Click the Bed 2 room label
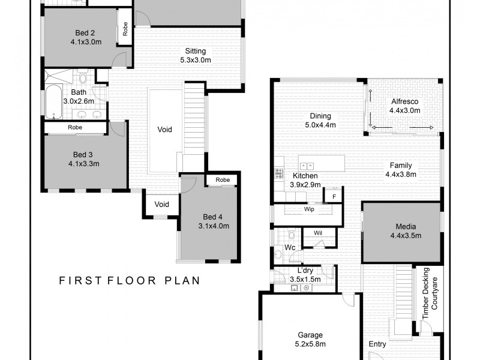coord(85,33)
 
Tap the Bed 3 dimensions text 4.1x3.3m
coord(85,163)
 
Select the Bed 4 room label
coord(212,217)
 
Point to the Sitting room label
coord(196,51)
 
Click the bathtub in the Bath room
coord(52,102)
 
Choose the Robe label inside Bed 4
coord(223,180)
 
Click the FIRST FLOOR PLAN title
coord(128,280)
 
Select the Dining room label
coord(320,116)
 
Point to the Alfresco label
coord(405,101)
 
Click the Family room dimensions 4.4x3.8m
coord(401,175)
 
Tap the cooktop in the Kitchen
coord(278,174)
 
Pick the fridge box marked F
coord(333,196)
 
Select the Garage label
coord(311,335)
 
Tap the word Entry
coord(377,344)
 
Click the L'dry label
coord(305,271)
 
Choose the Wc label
coord(290,247)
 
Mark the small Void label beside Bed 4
coord(161,205)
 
